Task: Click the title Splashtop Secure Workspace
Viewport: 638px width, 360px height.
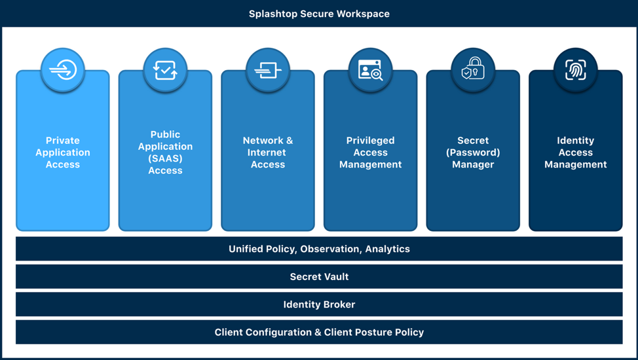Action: point(319,14)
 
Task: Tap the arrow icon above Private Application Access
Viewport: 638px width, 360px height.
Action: point(63,70)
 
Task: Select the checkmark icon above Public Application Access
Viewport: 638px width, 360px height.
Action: point(165,70)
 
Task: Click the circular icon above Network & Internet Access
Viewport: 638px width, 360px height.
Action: point(268,70)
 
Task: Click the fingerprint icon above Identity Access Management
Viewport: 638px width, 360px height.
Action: point(576,70)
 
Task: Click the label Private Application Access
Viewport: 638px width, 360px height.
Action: point(63,153)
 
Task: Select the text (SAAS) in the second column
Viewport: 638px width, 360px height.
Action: point(165,158)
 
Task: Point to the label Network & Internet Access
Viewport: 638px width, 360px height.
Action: point(268,153)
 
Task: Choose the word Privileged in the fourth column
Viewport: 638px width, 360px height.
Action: point(371,141)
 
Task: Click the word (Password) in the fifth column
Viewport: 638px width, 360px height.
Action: point(473,153)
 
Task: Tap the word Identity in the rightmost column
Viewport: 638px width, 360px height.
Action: point(576,141)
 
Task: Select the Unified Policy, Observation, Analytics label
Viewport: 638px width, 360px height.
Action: point(319,249)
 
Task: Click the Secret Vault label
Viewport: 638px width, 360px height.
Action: point(319,277)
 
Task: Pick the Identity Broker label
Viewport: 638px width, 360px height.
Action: point(319,304)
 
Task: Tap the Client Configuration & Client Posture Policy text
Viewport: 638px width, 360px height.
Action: point(319,333)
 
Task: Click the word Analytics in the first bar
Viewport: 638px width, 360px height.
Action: point(387,249)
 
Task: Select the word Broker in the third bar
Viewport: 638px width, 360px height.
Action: point(337,304)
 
